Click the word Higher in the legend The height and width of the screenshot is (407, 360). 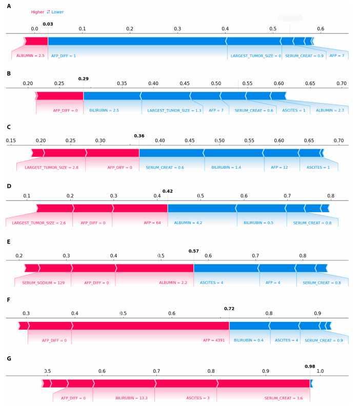pyautogui.click(x=37, y=12)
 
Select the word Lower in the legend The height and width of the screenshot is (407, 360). pyautogui.click(x=57, y=12)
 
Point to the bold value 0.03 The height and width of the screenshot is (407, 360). pyautogui.click(x=48, y=24)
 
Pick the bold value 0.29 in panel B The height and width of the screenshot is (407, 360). pyautogui.click(x=84, y=78)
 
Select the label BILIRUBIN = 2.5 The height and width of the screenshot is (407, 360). pyautogui.click(x=105, y=110)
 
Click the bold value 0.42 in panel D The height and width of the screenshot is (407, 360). pyautogui.click(x=168, y=191)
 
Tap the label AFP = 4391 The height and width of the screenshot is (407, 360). pyautogui.click(x=215, y=340)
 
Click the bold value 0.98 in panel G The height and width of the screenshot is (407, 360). pyautogui.click(x=310, y=367)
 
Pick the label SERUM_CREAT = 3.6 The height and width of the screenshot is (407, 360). pyautogui.click(x=280, y=398)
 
